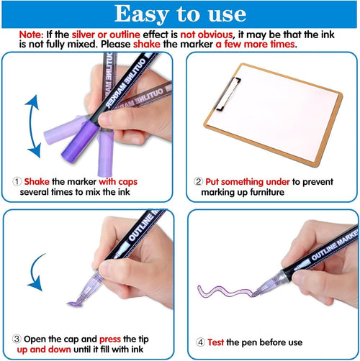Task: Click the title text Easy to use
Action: point(179,14)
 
